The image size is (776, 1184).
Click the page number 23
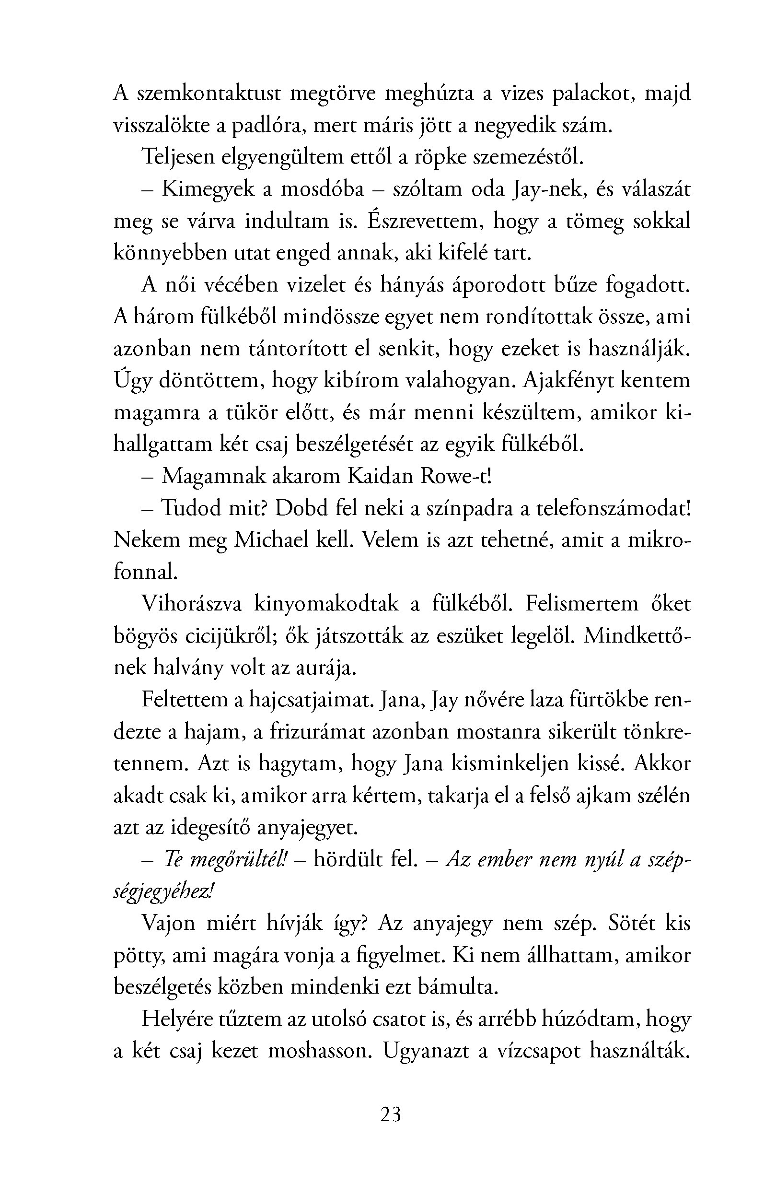click(390, 1114)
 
